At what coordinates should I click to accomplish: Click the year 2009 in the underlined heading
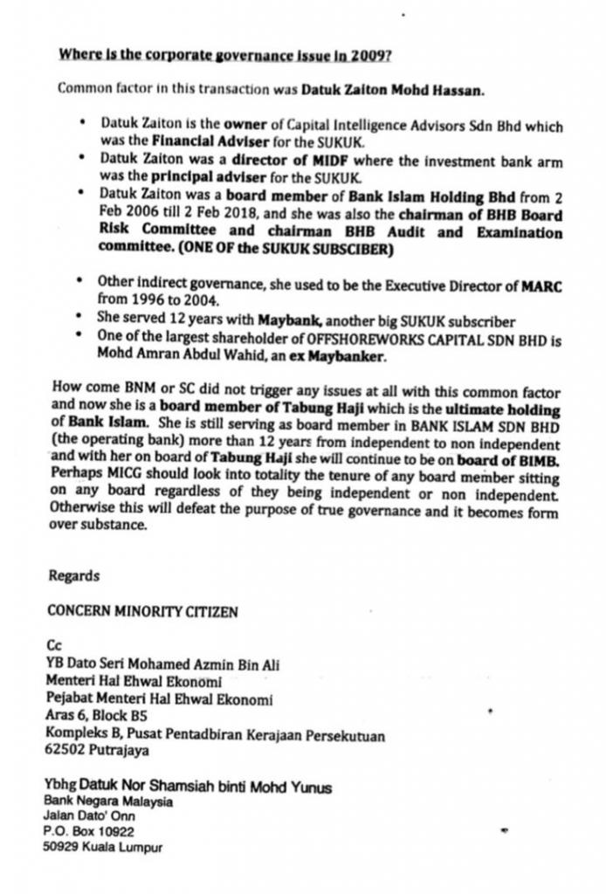click(x=371, y=54)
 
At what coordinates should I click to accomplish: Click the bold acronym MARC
click(x=541, y=285)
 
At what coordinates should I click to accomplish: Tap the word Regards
click(x=74, y=575)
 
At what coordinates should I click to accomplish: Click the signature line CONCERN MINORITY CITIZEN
click(x=142, y=612)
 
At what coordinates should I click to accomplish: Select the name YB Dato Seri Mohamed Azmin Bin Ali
click(x=162, y=664)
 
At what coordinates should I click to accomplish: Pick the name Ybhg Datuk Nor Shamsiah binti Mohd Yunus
click(x=188, y=787)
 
